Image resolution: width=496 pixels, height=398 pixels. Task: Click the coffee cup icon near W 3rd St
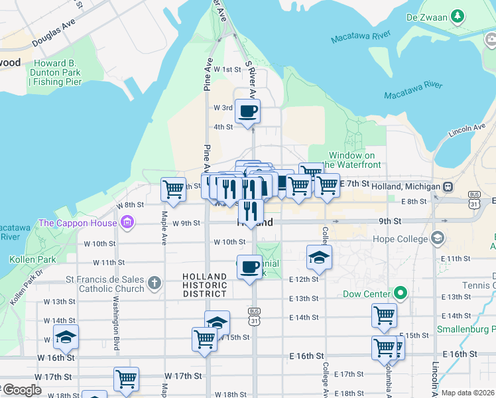click(x=248, y=111)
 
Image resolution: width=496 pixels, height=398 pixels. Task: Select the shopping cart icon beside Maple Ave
click(x=174, y=190)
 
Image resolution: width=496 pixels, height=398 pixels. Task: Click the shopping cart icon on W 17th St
click(x=126, y=379)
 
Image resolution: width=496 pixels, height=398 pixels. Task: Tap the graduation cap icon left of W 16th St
click(x=66, y=337)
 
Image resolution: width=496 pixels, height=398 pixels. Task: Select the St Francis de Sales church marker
click(x=154, y=283)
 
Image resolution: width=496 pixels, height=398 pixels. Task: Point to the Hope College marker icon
click(x=438, y=237)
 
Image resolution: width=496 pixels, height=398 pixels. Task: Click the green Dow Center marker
click(x=401, y=293)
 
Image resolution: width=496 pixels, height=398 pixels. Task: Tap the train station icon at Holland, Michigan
click(x=448, y=187)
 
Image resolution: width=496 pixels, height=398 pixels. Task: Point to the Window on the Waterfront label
click(x=355, y=160)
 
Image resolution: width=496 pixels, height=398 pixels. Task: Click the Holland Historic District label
click(x=206, y=285)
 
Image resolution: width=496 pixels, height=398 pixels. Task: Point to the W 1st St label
click(x=226, y=69)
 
